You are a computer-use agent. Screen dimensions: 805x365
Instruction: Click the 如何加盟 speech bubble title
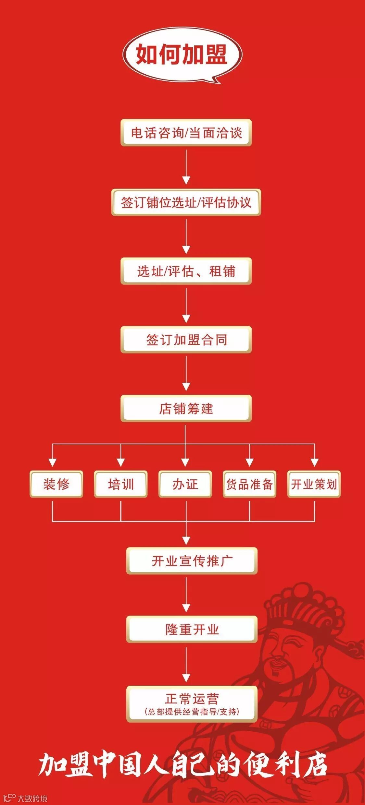pos(182,54)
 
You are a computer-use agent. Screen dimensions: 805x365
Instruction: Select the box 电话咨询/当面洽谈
pos(186,133)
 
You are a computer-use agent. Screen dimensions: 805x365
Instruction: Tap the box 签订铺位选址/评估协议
pos(186,202)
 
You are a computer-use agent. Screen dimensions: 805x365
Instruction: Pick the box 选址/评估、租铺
pos(186,271)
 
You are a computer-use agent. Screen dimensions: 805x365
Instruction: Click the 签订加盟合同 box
pos(186,340)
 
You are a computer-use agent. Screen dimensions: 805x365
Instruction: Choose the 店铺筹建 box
pos(186,409)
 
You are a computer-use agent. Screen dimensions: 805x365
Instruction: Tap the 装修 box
pos(56,484)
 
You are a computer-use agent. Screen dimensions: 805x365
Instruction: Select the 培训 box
pos(121,484)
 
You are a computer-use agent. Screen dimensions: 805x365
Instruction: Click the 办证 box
pos(185,484)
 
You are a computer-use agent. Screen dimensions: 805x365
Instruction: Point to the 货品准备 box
pos(249,484)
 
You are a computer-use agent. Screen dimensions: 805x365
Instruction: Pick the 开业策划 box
pos(314,484)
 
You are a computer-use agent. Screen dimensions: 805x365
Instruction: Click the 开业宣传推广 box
pos(192,561)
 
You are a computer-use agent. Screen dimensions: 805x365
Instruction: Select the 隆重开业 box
pos(192,630)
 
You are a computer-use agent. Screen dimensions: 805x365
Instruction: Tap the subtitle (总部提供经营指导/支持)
pos(192,712)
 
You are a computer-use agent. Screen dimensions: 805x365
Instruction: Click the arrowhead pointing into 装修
pos(53,463)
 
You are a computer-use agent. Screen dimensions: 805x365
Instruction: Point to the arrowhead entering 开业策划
pos(314,463)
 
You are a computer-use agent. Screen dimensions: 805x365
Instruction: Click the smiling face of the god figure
pos(286,652)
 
